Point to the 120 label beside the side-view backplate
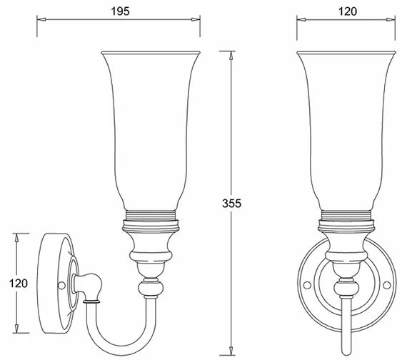19,284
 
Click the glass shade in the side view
151,129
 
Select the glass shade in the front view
346,129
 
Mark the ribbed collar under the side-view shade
151,215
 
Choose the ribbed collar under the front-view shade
346,215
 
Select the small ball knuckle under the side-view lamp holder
151,287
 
